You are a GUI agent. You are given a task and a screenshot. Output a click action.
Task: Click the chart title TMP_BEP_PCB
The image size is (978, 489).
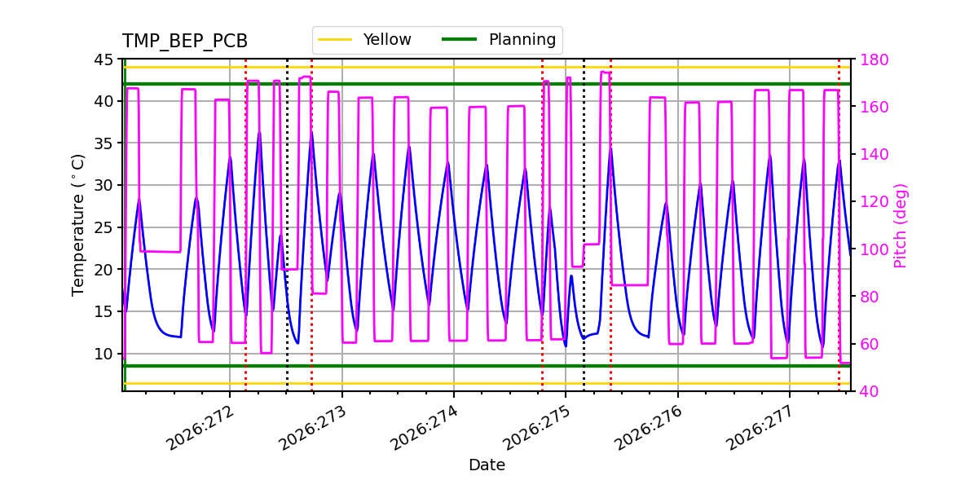click(185, 41)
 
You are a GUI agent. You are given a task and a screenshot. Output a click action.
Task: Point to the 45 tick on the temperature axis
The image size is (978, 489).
click(103, 59)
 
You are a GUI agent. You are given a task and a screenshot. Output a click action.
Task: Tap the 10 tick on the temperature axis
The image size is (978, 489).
click(103, 354)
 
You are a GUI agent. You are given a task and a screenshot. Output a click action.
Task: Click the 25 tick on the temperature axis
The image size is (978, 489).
click(103, 227)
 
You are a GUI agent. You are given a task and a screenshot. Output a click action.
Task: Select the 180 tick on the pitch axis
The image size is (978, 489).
click(874, 59)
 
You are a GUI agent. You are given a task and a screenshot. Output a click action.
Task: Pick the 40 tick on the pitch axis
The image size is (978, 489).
click(870, 391)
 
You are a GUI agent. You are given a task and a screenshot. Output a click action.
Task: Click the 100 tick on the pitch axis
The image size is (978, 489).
click(874, 249)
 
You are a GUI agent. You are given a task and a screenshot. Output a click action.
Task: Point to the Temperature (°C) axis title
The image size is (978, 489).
click(77, 225)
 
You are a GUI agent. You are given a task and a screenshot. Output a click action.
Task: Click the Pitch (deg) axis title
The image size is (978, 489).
click(901, 226)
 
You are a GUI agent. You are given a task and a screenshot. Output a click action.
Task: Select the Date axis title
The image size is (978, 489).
click(487, 465)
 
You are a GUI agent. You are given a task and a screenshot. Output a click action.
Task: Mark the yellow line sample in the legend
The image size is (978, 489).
click(335, 39)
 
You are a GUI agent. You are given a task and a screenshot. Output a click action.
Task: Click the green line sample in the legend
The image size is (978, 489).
click(460, 39)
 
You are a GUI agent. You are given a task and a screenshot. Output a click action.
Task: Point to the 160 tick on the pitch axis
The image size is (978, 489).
click(874, 107)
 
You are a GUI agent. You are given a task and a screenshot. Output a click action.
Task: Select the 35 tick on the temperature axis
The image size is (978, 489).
click(103, 143)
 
